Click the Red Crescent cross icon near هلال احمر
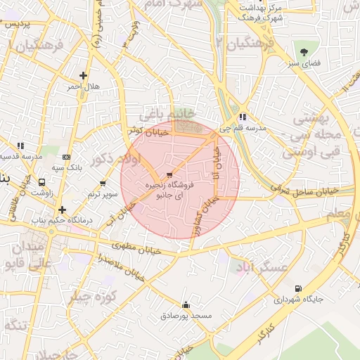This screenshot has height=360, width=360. click(x=84, y=75)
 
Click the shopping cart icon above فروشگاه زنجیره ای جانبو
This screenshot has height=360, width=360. click(x=169, y=175)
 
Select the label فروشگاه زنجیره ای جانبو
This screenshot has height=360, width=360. click(x=168, y=189)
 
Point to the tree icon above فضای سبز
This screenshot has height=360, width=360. click(x=304, y=52)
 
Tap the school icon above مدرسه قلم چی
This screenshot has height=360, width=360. click(x=243, y=117)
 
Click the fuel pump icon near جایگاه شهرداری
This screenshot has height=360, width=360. click(x=299, y=288)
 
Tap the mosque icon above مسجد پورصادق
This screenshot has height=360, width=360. click(x=186, y=305)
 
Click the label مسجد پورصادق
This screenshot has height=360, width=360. click(x=186, y=316)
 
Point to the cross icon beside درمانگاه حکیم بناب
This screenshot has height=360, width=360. click(x=63, y=210)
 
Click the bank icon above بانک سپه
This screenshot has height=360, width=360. click(x=67, y=157)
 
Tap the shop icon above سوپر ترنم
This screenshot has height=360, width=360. click(x=103, y=183)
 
